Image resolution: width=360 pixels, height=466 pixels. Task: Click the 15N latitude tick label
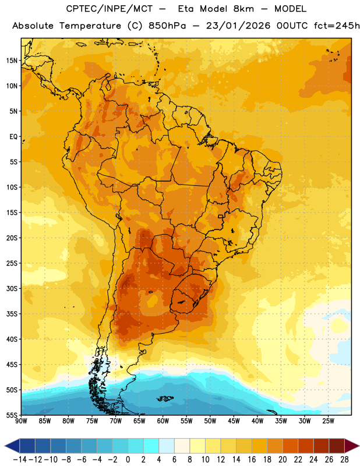click(12, 61)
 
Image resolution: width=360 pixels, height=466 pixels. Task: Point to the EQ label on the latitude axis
click(13, 137)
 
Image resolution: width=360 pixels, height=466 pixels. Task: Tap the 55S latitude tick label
click(12, 415)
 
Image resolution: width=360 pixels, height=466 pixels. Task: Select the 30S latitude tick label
click(12, 288)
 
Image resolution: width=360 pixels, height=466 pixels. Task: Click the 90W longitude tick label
click(21, 421)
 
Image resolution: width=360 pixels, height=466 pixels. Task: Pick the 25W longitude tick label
click(328, 421)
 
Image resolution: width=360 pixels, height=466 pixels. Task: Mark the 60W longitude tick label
click(163, 421)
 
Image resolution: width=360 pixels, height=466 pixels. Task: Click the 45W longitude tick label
click(234, 421)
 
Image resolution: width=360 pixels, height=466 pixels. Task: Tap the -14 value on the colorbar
click(20, 460)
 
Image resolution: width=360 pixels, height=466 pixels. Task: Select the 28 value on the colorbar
click(344, 460)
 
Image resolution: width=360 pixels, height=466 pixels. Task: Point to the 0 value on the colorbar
click(128, 460)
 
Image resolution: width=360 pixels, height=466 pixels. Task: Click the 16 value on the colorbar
click(252, 460)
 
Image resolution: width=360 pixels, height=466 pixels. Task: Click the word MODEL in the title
click(290, 9)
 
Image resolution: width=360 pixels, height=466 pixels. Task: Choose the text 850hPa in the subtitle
click(167, 26)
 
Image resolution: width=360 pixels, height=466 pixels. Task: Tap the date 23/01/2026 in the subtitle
click(238, 26)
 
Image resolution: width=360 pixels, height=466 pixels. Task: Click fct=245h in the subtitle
click(337, 26)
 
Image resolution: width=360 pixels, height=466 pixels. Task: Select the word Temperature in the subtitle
click(90, 26)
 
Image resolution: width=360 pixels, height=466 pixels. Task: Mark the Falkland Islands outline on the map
click(165, 398)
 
